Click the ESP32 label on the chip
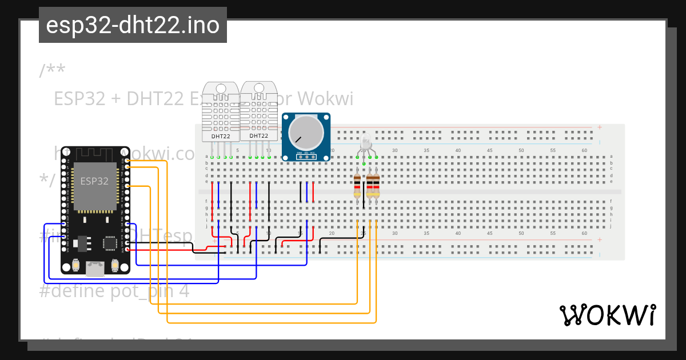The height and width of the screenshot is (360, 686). click(94, 181)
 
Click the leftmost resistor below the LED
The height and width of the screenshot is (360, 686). click(358, 186)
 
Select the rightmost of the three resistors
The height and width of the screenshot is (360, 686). click(376, 186)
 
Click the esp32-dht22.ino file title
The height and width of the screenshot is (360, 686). click(133, 25)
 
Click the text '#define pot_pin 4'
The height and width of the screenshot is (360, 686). click(114, 291)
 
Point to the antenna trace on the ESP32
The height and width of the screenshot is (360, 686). click(95, 153)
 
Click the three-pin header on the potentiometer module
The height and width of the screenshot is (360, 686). click(306, 154)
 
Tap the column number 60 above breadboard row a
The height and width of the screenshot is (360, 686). click(584, 150)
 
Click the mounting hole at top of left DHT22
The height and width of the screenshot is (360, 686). click(221, 88)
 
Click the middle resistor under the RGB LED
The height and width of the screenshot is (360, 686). click(369, 186)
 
